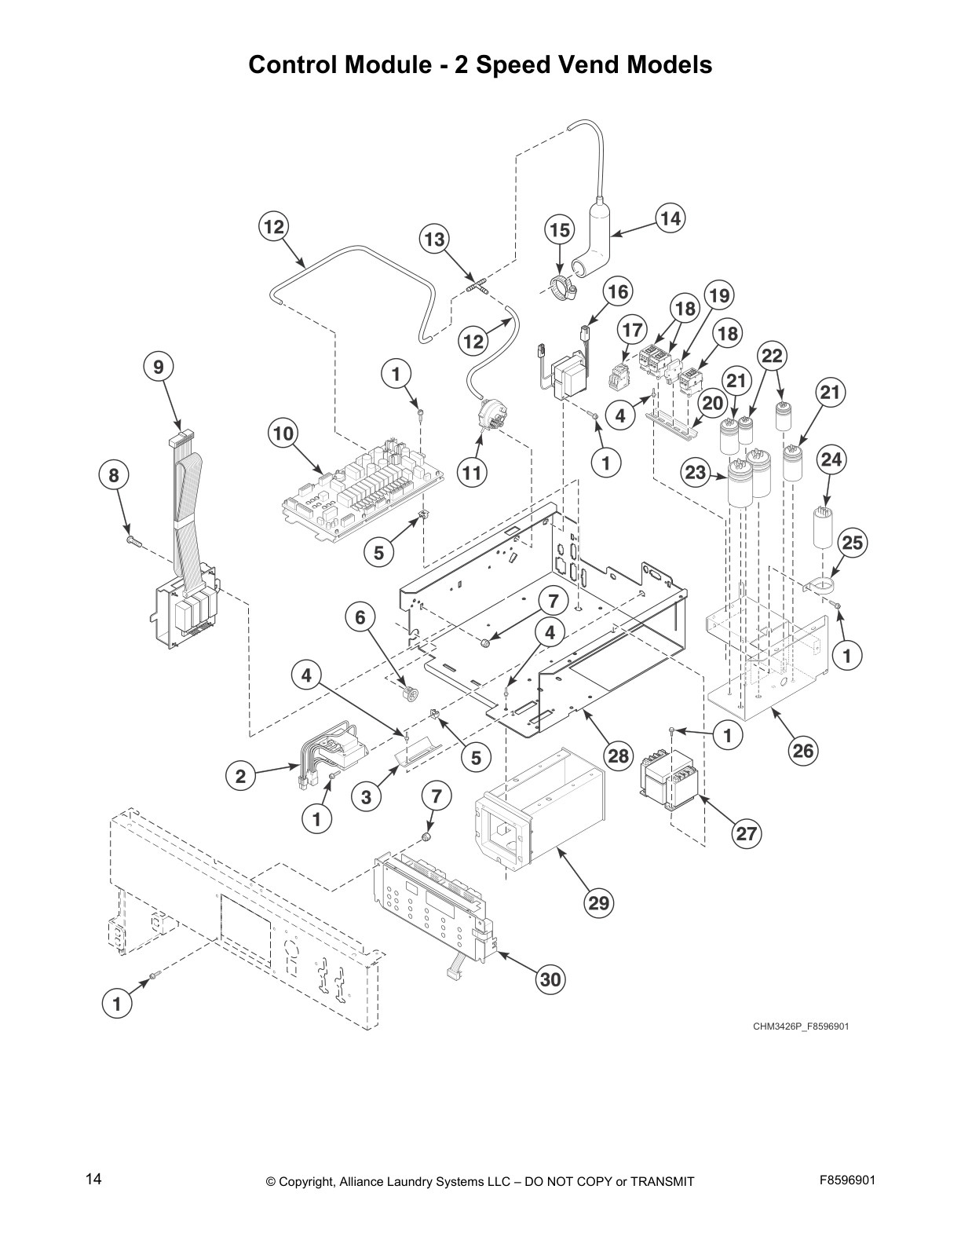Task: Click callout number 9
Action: point(159,367)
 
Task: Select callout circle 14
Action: point(670,218)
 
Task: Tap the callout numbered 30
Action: point(551,979)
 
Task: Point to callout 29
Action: point(599,903)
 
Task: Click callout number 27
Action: point(746,833)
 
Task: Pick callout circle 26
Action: point(802,751)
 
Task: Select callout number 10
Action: point(283,433)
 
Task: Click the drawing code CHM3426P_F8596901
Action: point(800,1026)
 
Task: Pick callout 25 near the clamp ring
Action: point(852,542)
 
